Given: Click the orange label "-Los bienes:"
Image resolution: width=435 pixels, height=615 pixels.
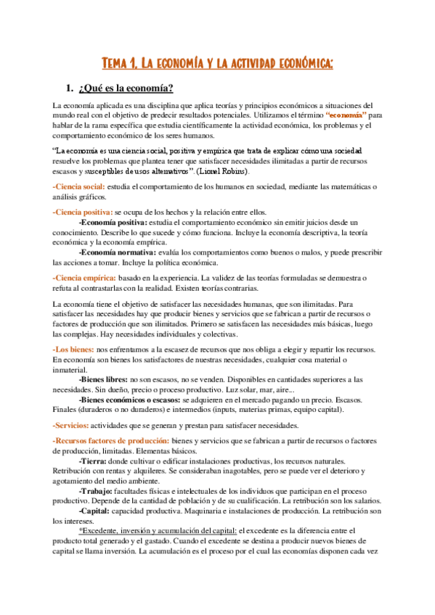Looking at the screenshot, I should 73,350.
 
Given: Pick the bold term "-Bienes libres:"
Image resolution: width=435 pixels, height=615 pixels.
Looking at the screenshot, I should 103,379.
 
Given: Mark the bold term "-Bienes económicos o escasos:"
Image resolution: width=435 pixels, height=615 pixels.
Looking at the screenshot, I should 129,400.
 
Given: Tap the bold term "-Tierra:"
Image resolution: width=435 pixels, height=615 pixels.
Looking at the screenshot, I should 94,461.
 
